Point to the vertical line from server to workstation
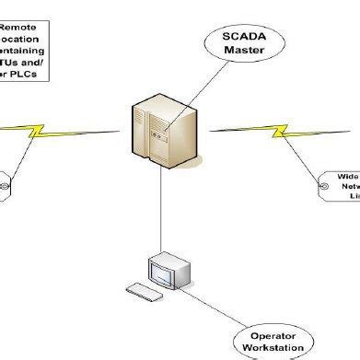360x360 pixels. (164, 212)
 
